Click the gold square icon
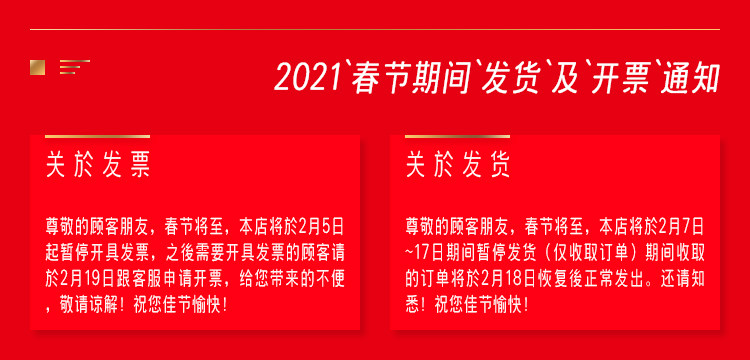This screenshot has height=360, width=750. [37, 67]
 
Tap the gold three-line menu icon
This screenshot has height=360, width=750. [75, 67]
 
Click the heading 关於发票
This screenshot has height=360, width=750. [99, 165]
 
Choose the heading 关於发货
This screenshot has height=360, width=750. [458, 165]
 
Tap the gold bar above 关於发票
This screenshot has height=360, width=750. [98, 136]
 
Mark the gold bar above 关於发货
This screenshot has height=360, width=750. [457, 136]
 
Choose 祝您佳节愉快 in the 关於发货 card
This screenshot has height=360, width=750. [477, 306]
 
